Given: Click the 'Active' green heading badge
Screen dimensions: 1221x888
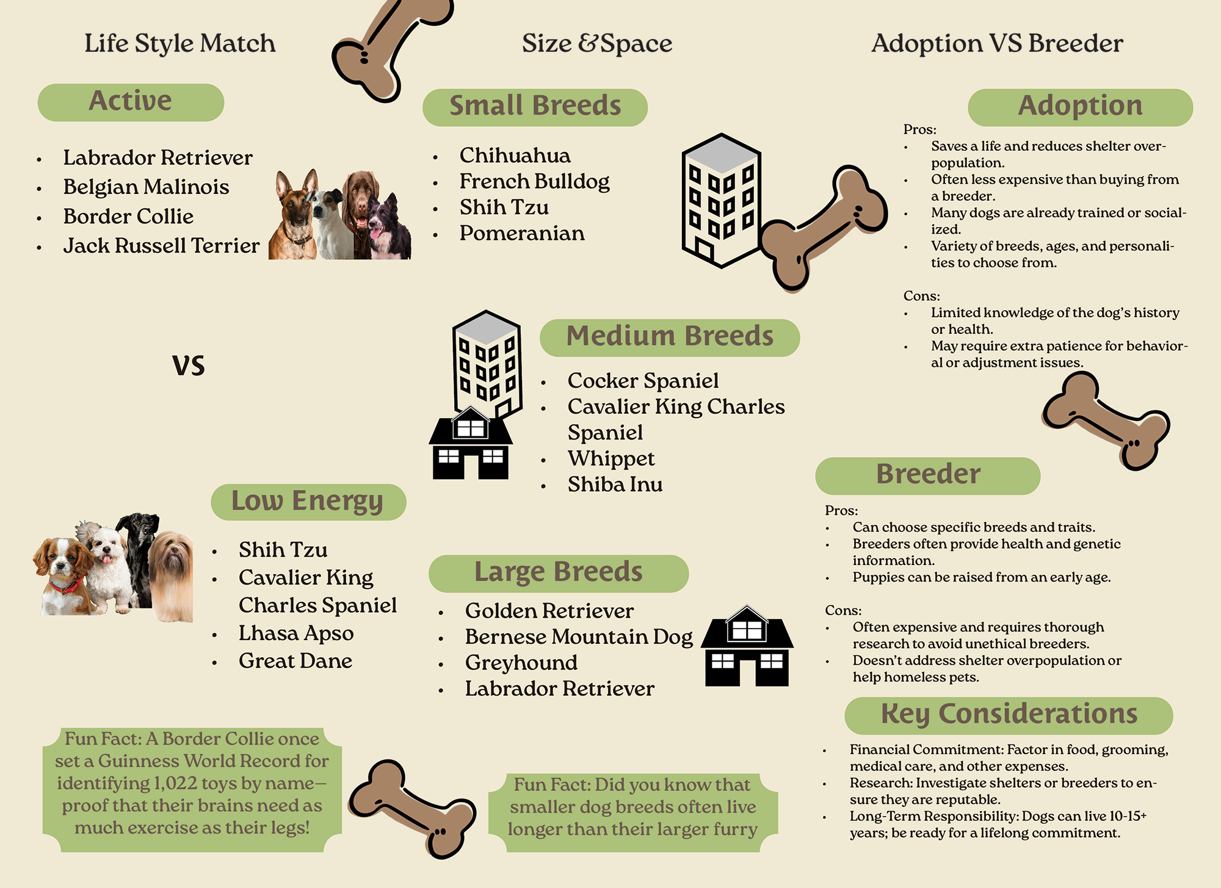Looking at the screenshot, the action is click(x=131, y=102).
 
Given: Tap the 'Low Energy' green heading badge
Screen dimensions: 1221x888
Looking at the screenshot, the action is click(x=308, y=502).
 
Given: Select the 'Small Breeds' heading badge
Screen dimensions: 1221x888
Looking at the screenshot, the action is click(x=535, y=107).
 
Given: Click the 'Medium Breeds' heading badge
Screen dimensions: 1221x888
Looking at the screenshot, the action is click(x=670, y=338).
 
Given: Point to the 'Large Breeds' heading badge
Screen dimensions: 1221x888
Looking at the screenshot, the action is click(x=558, y=573).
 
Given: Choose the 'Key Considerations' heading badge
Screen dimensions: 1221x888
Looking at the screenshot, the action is click(x=1009, y=715).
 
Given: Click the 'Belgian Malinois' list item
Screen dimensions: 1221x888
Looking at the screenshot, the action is click(x=146, y=187).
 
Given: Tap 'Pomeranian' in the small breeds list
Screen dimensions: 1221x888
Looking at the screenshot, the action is click(x=521, y=233).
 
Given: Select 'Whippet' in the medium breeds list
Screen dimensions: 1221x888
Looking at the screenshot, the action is click(x=610, y=458).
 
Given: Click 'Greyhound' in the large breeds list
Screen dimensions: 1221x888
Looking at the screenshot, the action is click(x=521, y=663).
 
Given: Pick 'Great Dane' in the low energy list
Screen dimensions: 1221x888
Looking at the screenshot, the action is click(x=295, y=661).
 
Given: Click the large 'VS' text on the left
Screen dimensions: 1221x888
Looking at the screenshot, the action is click(x=188, y=366).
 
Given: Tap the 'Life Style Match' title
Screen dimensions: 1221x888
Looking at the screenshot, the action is click(x=180, y=43).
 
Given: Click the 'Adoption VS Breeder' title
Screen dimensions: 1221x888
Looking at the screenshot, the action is click(x=997, y=43).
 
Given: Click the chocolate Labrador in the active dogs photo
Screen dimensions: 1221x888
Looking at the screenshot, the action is click(x=361, y=201).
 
